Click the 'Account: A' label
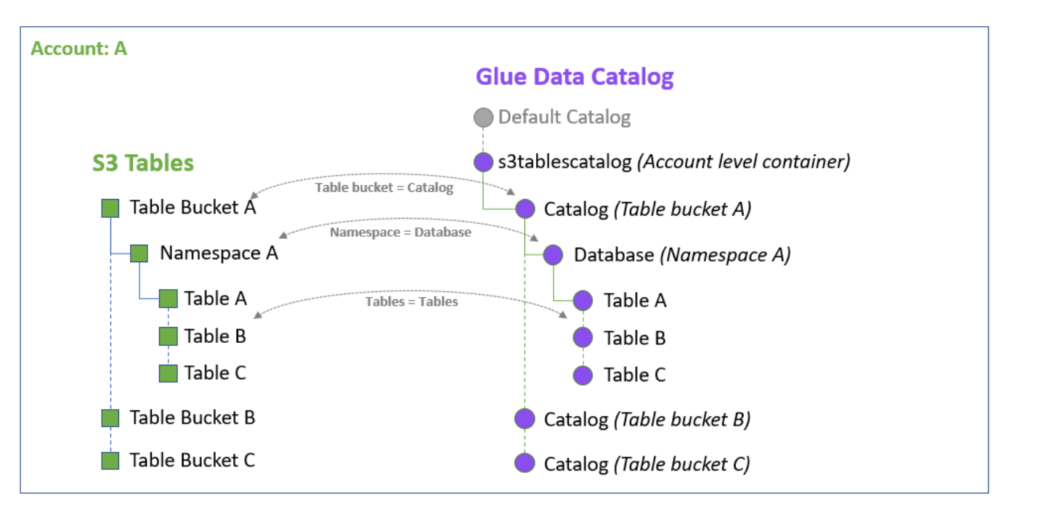pos(79,49)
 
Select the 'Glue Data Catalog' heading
pos(574,77)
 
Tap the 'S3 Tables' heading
pos(143,163)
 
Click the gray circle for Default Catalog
pos(483,118)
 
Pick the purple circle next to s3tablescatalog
pos(483,162)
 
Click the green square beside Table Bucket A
pos(110,208)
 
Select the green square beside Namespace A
pos(139,254)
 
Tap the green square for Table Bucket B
pos(110,418)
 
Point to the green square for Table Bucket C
pos(110,461)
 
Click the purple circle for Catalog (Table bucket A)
pos(525,209)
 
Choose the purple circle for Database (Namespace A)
pos(554,255)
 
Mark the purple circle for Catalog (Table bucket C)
pos(524,463)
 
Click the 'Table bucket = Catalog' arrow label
pos(384,188)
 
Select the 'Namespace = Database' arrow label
pos(400,232)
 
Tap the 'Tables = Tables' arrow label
pos(411,301)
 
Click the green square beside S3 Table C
pos(169,373)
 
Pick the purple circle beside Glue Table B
pos(583,338)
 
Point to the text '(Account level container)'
pos(743,161)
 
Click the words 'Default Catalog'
pos(564,117)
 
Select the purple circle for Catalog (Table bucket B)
pos(524,419)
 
